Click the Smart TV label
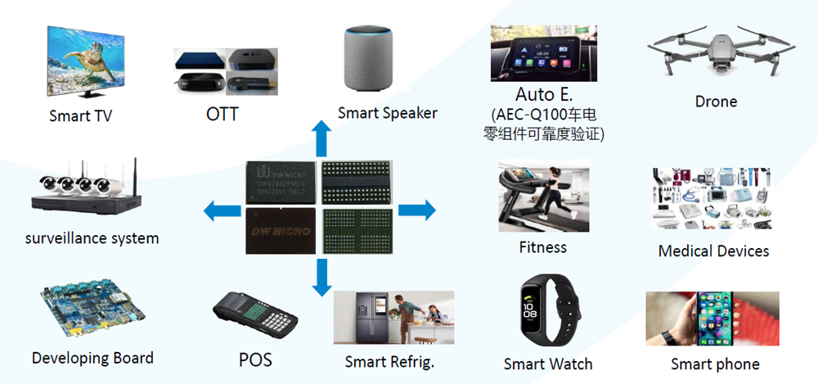(80, 115)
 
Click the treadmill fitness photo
(543, 197)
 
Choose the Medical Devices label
(713, 251)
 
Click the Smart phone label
(715, 364)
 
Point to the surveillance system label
(92, 238)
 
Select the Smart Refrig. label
(389, 361)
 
